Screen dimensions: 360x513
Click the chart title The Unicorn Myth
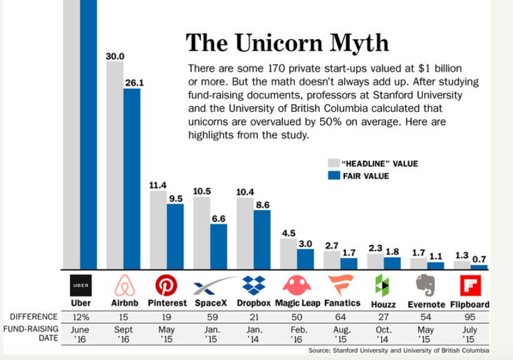pos(287,43)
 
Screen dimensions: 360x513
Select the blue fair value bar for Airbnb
pos(132,178)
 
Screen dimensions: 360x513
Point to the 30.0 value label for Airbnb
pos(115,56)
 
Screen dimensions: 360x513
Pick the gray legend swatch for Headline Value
pos(333,164)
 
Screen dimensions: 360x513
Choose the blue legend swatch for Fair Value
pos(333,176)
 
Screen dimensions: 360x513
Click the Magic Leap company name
pos(297,304)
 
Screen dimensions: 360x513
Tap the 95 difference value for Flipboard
pos(470,317)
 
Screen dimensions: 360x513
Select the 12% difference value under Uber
pos(80,317)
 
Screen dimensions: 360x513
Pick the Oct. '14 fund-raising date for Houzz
pos(383,334)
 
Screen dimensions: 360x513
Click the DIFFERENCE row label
pos(34,317)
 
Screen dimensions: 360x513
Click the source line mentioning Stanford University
pos(399,351)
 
